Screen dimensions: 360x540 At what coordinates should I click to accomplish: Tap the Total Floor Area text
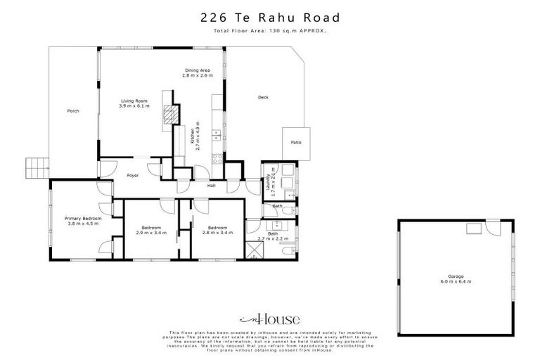pyautogui.click(x=270, y=32)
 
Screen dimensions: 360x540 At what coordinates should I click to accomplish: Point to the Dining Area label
pyautogui.click(x=195, y=70)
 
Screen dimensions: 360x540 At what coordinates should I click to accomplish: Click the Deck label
pyautogui.click(x=263, y=97)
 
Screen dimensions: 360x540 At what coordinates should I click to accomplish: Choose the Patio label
pyautogui.click(x=296, y=143)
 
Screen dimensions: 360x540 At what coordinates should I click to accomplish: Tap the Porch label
pyautogui.click(x=72, y=111)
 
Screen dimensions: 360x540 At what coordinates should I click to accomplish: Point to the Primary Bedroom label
pyautogui.click(x=83, y=219)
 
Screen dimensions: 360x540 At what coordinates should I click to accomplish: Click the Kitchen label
pyautogui.click(x=193, y=136)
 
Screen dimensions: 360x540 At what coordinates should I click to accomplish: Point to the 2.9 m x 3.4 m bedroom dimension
pyautogui.click(x=151, y=232)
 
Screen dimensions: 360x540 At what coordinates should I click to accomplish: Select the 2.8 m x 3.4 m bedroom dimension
pyautogui.click(x=211, y=232)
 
